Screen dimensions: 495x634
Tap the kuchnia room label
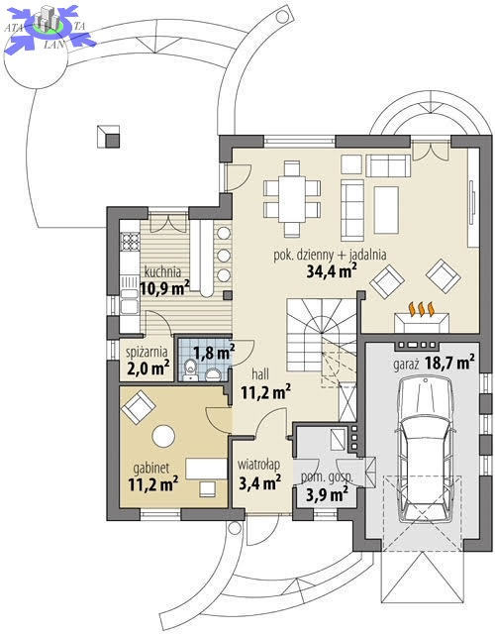click(162, 271)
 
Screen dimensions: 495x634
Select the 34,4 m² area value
click(332, 270)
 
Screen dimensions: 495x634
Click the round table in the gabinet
click(163, 436)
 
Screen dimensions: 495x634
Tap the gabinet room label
click(151, 469)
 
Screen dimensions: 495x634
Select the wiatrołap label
click(258, 465)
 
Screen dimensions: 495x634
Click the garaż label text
click(405, 365)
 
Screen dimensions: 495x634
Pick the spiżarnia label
click(147, 353)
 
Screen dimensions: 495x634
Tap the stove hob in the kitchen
click(130, 242)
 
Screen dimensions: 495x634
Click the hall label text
click(260, 374)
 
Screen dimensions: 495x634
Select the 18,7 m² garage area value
click(449, 363)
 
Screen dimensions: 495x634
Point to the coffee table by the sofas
click(386, 210)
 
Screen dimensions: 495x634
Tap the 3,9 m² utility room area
click(327, 493)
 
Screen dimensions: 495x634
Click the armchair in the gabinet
click(139, 407)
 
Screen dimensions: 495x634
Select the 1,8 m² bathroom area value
click(214, 353)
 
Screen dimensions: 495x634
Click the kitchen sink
click(130, 301)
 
